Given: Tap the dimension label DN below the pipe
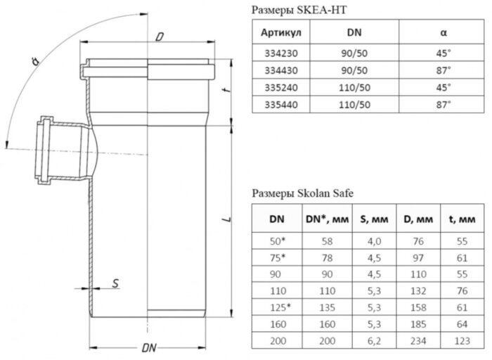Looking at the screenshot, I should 148,347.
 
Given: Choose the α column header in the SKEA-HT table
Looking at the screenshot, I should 444,34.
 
